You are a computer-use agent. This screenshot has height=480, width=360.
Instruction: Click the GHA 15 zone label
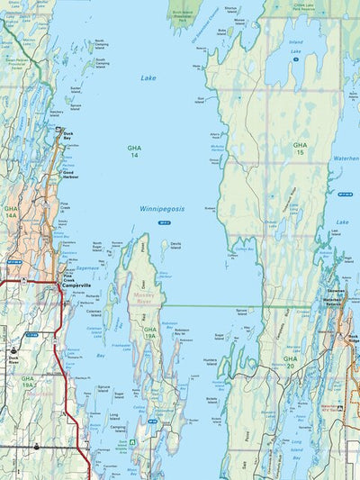(299, 148)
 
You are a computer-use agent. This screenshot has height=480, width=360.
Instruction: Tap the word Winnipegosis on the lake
(162, 208)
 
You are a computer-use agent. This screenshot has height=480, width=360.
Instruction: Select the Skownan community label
(336, 292)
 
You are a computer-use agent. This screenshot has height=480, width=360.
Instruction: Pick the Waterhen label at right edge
(346, 158)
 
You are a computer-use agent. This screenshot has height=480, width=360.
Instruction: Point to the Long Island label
(115, 416)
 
